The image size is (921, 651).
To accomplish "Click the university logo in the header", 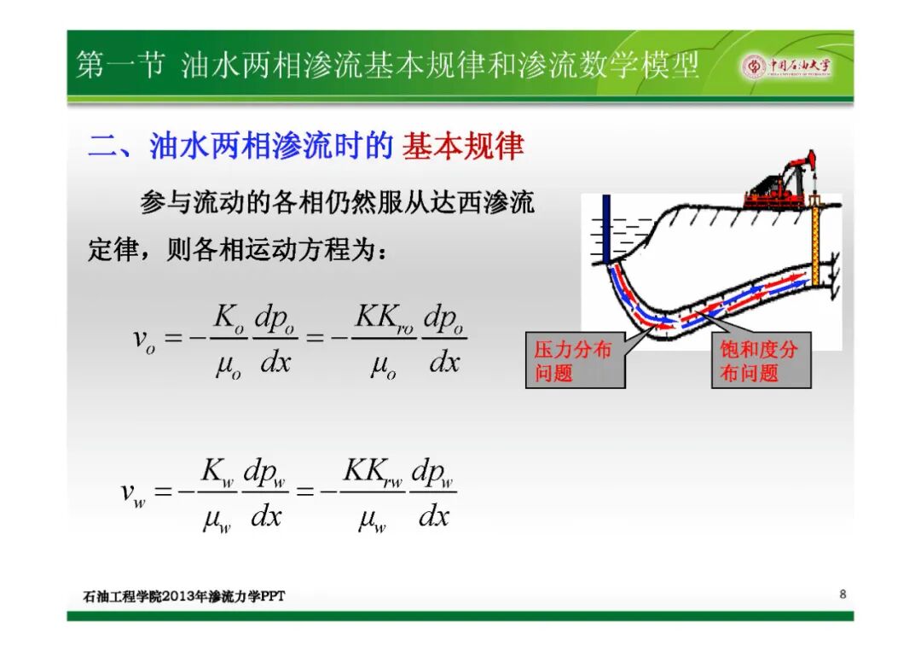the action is click(x=787, y=66).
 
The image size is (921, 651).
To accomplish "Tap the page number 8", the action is click(x=843, y=594).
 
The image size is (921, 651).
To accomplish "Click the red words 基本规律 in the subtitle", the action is click(x=463, y=146).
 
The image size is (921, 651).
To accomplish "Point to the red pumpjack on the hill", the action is click(x=780, y=181).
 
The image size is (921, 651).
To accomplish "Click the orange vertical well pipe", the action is click(x=815, y=241).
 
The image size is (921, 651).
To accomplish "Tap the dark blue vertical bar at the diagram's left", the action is click(x=607, y=230).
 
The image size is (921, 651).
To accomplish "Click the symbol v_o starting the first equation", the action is click(x=144, y=340).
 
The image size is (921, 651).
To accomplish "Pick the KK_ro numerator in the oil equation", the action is click(x=384, y=318).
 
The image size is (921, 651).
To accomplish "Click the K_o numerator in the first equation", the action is click(x=229, y=318).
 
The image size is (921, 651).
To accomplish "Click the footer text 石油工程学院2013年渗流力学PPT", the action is click(x=184, y=596).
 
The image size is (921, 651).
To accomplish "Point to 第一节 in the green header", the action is click(x=120, y=65).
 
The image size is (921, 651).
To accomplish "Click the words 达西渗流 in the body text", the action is click(x=482, y=203).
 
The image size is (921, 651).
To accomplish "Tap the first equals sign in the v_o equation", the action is click(x=172, y=338).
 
